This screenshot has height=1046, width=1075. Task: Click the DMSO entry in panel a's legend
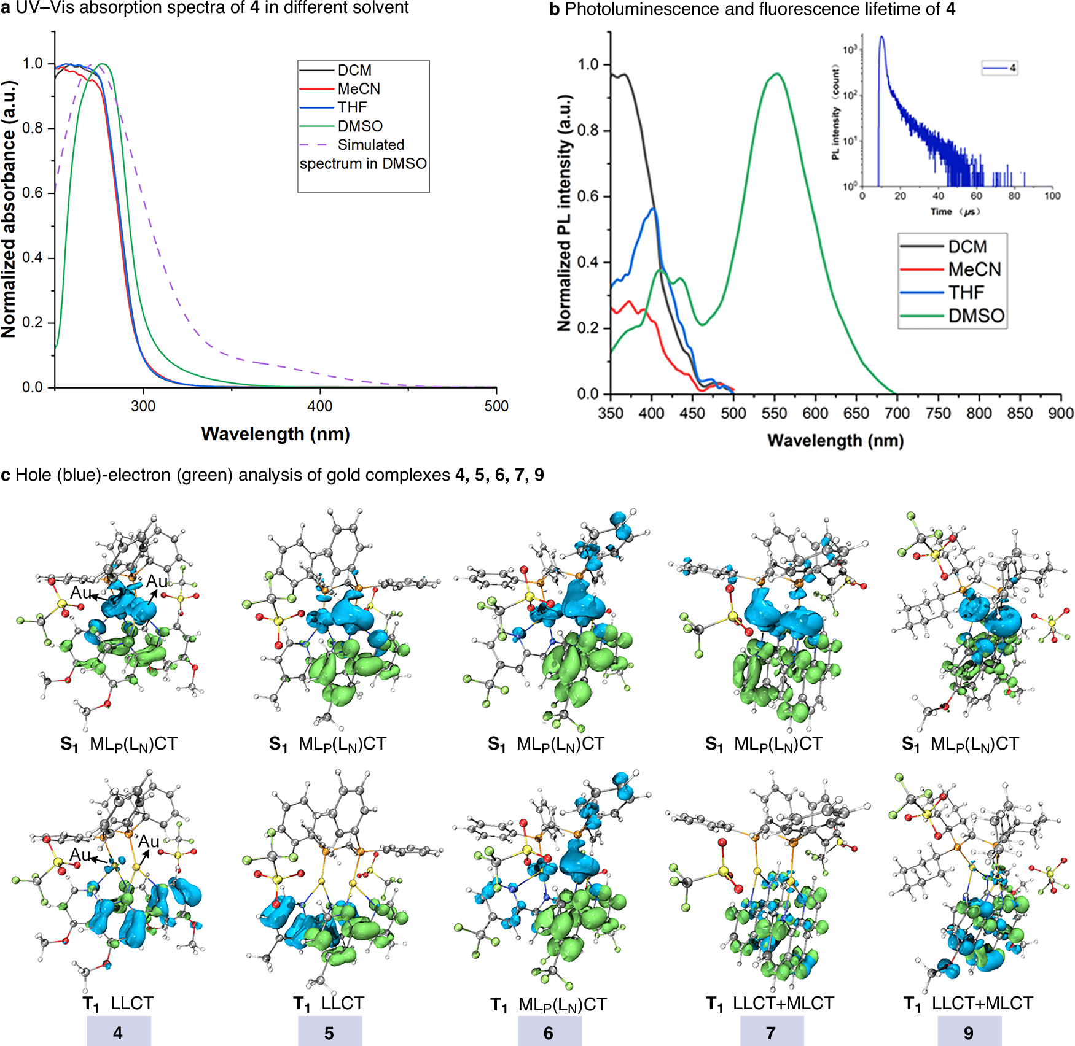click(x=359, y=126)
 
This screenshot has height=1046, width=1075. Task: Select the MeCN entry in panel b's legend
click(x=974, y=269)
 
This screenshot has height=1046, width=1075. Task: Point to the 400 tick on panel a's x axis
click(x=319, y=406)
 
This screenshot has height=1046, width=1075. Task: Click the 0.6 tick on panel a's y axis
click(x=33, y=193)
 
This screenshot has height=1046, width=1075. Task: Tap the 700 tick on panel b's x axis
click(x=897, y=413)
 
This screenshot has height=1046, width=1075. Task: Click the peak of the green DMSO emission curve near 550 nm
click(x=777, y=74)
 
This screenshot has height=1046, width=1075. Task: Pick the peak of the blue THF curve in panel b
click(x=653, y=209)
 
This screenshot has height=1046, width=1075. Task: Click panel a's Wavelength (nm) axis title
click(x=275, y=434)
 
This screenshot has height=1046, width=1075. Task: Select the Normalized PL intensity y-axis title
click(x=564, y=213)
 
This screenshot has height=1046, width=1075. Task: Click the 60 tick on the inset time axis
click(x=976, y=196)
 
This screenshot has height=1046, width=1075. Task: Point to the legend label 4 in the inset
click(x=1012, y=68)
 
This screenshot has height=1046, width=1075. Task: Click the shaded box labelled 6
click(x=549, y=1032)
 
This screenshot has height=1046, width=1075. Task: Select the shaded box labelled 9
click(x=969, y=1032)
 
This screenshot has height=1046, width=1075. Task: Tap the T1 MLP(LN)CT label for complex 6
click(x=549, y=1004)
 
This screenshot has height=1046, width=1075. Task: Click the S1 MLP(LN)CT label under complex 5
click(x=328, y=744)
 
